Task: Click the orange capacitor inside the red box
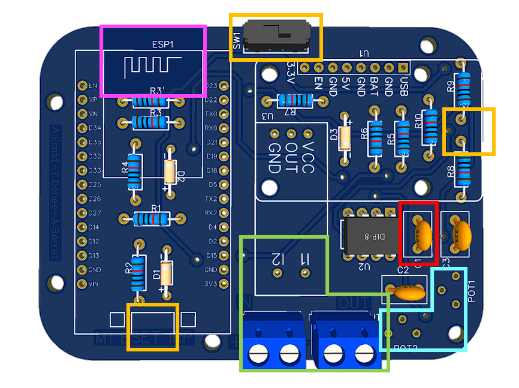423,230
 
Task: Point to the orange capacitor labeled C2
409,292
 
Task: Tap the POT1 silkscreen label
472,291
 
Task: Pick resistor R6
376,137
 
